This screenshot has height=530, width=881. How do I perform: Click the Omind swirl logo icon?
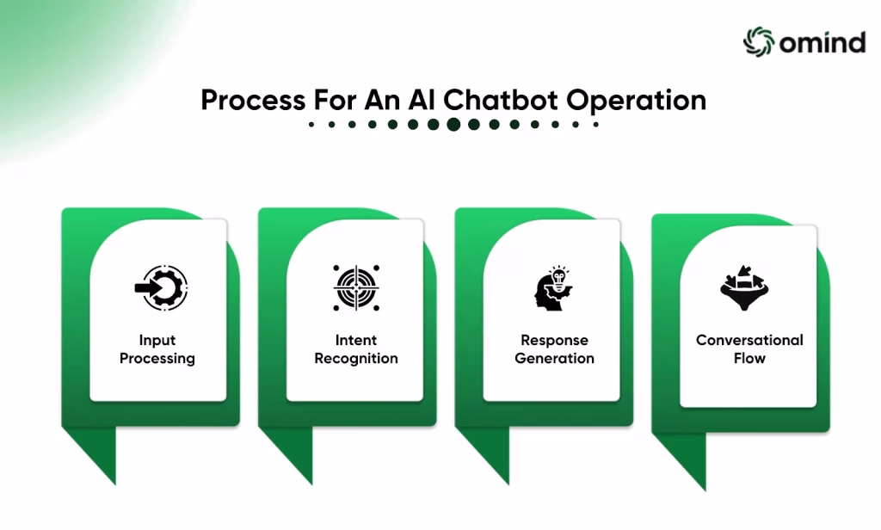point(759,41)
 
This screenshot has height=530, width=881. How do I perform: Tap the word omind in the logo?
point(822,43)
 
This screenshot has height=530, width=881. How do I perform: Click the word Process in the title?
point(254,100)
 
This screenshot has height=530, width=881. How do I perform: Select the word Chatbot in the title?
point(501,100)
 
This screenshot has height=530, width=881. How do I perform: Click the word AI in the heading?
point(422,100)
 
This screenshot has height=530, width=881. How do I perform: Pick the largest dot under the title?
point(453,124)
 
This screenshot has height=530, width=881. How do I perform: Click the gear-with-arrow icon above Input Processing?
point(161,287)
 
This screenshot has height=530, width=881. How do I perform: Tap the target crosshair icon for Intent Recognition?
point(356,287)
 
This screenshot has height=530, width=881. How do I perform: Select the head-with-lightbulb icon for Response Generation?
point(553,287)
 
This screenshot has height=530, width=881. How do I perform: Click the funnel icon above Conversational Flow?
point(744,287)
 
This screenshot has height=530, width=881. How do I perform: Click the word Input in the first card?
point(157,341)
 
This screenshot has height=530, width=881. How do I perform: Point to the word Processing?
point(157,359)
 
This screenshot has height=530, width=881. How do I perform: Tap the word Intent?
point(356,340)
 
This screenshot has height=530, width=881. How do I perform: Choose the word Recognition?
point(356,359)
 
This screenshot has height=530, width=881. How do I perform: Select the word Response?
point(555,341)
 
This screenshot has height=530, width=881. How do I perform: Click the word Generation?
point(555,358)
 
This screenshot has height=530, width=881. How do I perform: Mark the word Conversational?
point(749,340)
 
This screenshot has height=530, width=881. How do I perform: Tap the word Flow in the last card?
point(749,358)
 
